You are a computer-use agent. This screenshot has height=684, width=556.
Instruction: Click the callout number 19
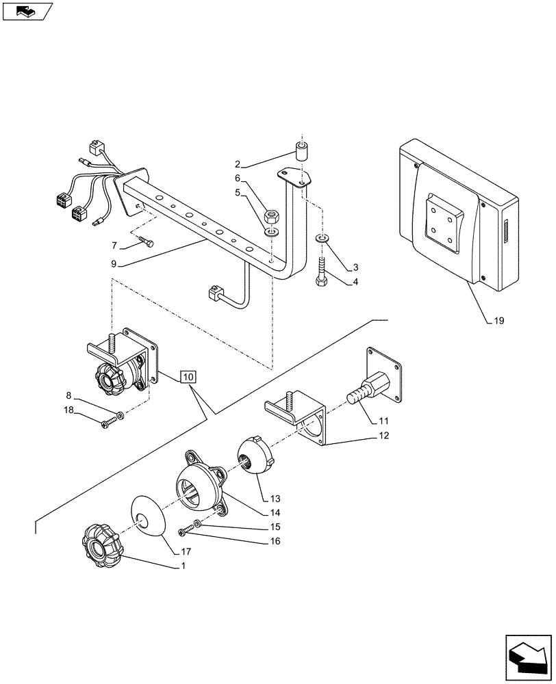(499, 320)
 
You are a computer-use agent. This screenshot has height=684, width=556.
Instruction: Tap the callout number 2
(237, 163)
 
